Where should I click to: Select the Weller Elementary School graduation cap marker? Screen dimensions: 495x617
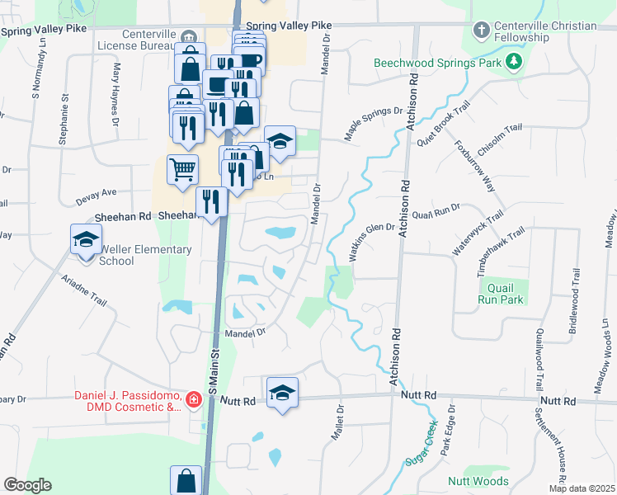[85, 240]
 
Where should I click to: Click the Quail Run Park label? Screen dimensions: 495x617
[502, 294]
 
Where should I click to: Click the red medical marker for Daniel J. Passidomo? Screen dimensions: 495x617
[194, 400]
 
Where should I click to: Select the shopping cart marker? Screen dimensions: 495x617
[182, 170]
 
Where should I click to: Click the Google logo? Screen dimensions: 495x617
[27, 485]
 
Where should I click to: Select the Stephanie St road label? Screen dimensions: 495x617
[63, 120]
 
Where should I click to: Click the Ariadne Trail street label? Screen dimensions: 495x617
[84, 290]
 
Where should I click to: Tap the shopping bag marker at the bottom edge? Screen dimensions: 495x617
[186, 480]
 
